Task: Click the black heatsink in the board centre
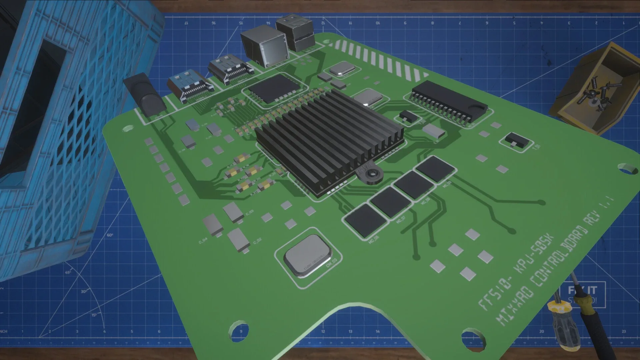[328, 140]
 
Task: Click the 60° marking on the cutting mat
[110, 235]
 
